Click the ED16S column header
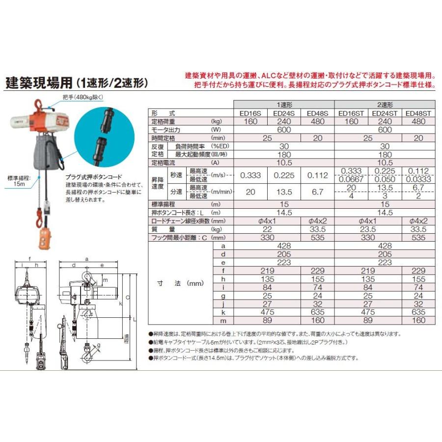click(250, 113)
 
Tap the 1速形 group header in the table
click(283, 105)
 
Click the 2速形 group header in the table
click(385, 105)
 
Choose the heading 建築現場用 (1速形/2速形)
click(76, 82)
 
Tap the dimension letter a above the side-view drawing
click(87, 257)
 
